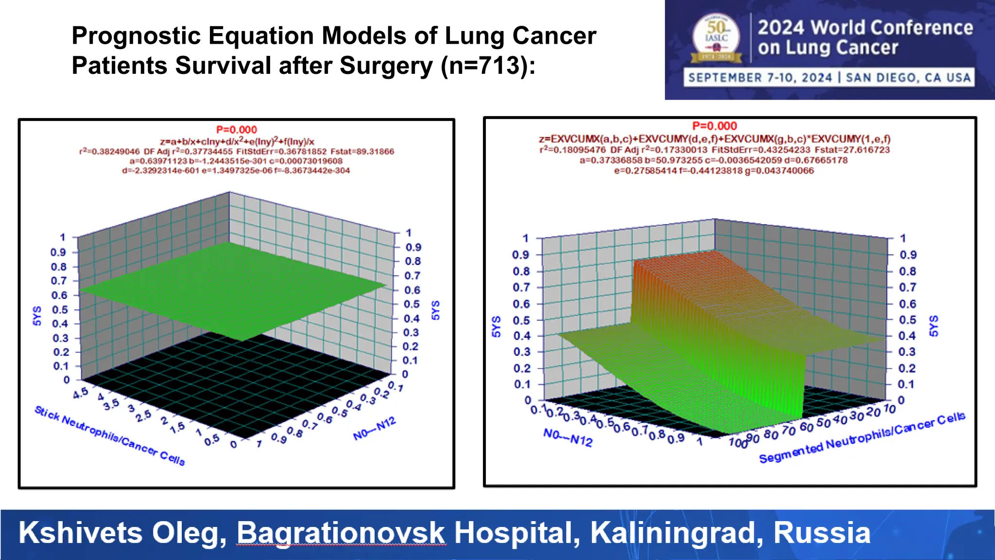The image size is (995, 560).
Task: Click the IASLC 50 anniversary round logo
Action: click(717, 37)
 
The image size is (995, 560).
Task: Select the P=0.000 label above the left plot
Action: click(237, 130)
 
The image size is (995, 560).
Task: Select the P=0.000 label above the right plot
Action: click(714, 126)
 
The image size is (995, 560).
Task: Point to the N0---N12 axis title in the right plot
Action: click(567, 437)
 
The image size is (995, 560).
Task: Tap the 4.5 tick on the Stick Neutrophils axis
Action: click(81, 393)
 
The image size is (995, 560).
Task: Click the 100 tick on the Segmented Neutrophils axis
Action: click(738, 442)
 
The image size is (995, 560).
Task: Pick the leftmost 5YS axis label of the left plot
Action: click(37, 316)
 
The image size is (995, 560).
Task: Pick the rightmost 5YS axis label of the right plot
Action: click(933, 326)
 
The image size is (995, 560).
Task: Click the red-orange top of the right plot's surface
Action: click(680, 272)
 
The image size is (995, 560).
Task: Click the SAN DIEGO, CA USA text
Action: click(908, 78)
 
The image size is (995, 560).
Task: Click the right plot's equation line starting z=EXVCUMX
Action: click(714, 139)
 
